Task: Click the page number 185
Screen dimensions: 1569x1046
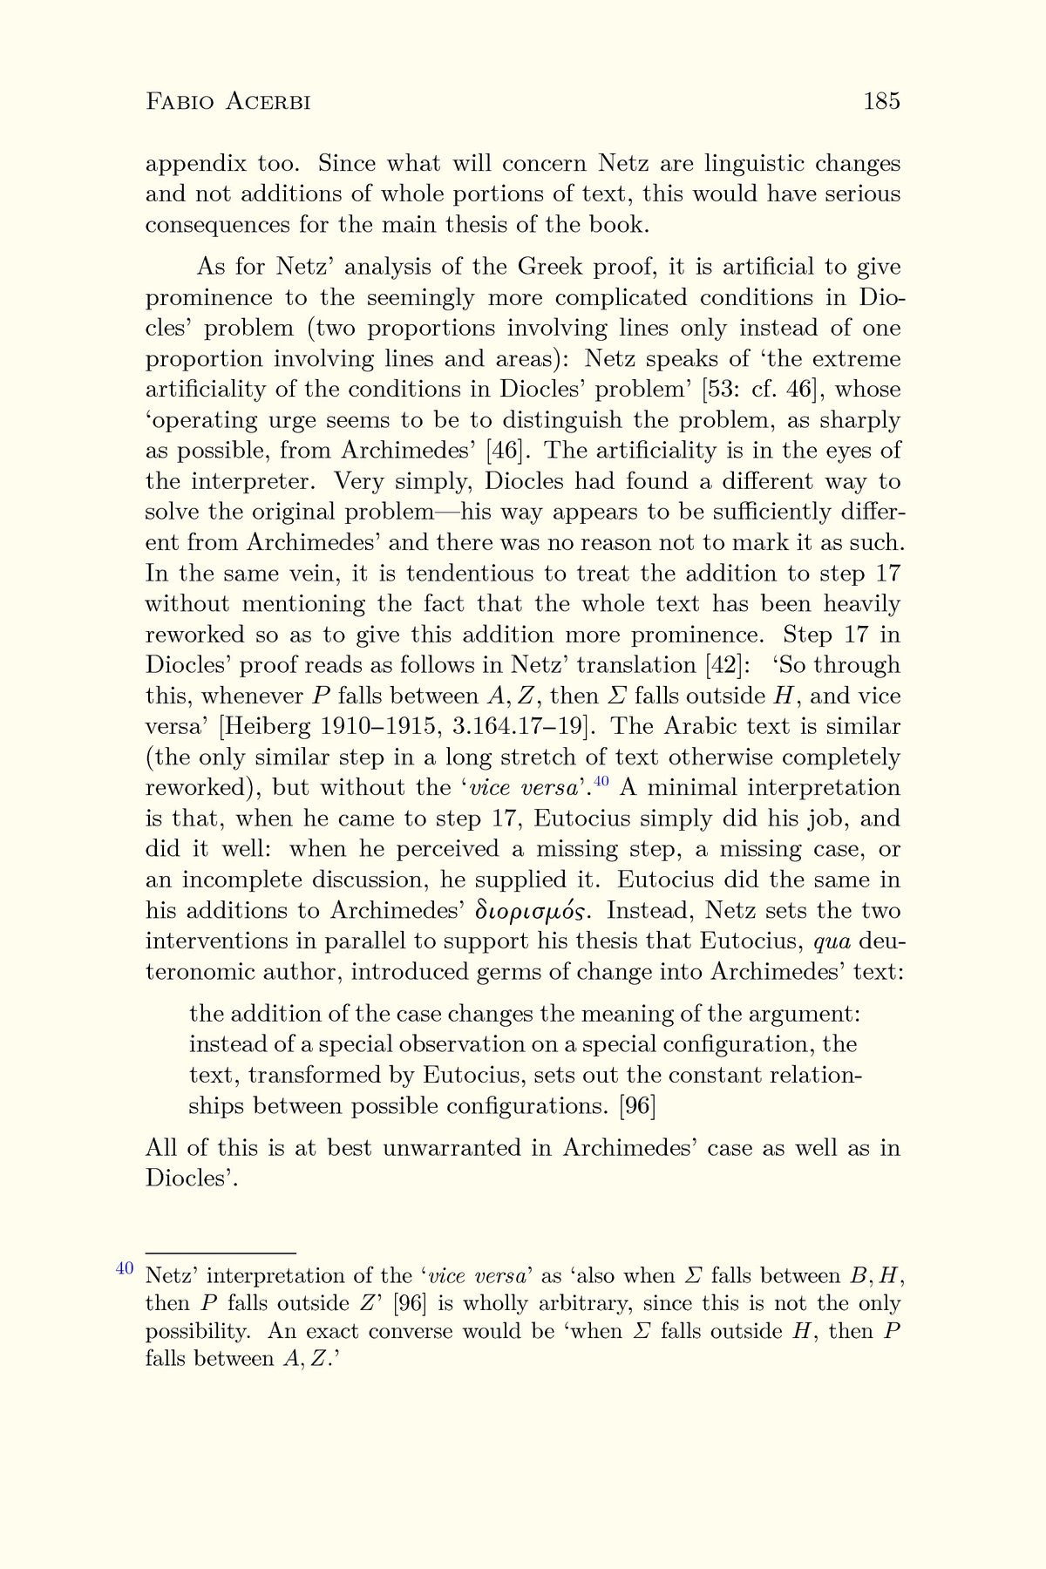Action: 881,102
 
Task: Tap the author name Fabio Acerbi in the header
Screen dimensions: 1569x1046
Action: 228,103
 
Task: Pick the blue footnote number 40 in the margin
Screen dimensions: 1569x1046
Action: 125,1267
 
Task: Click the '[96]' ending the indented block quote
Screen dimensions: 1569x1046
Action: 635,1106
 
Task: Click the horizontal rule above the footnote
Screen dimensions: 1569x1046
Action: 221,1252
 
